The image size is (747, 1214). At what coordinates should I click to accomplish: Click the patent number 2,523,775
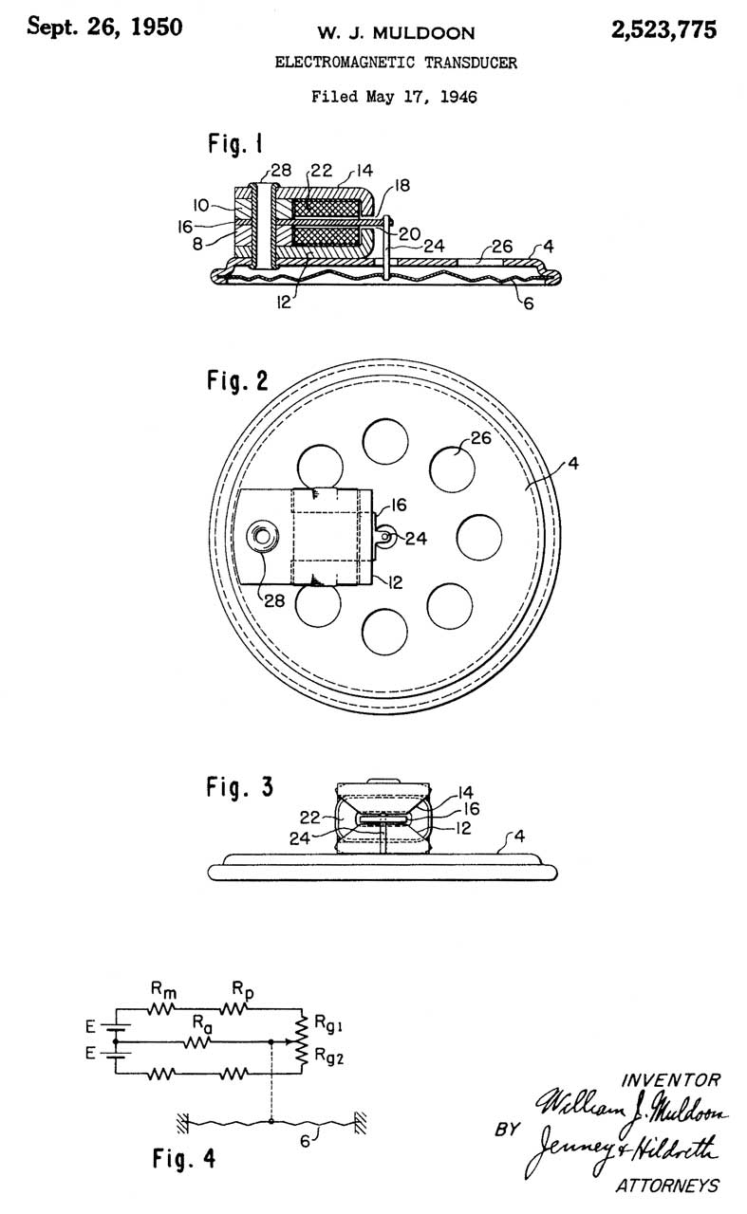(x=663, y=30)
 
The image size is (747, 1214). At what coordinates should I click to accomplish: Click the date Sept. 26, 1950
(x=104, y=28)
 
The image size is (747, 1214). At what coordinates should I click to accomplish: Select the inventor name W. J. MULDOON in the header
(x=396, y=33)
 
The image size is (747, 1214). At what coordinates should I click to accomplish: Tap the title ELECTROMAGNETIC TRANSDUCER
(x=396, y=63)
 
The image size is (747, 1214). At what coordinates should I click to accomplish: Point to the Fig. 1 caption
(x=235, y=144)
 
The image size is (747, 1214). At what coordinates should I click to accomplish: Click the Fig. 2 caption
(x=237, y=380)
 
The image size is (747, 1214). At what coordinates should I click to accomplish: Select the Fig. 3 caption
(x=239, y=786)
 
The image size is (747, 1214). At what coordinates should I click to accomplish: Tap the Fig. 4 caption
(x=184, y=1158)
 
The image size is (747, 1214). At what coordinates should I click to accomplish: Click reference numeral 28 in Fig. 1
(x=281, y=170)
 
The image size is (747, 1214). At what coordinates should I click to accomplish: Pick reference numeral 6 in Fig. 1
(x=529, y=303)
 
